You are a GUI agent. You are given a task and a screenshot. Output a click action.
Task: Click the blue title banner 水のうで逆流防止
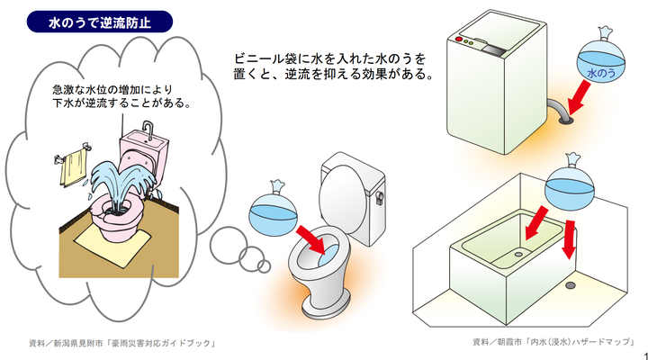pos(100,22)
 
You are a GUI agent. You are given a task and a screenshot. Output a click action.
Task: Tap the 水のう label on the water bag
pos(601,74)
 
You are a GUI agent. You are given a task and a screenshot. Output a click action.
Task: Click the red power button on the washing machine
pos(458,40)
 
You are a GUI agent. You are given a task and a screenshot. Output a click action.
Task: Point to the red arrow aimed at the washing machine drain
pos(580,97)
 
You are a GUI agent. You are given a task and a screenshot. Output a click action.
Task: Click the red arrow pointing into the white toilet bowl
pos(312,238)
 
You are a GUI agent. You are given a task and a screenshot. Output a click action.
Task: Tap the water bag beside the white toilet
pos(273,213)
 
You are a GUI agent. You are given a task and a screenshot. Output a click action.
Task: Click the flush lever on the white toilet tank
pos(380,198)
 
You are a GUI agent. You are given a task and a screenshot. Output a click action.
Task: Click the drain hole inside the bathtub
pos(518,254)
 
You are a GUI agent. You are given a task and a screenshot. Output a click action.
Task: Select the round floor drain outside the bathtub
pos(571,284)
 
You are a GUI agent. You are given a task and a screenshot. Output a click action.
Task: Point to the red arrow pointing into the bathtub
pos(536,223)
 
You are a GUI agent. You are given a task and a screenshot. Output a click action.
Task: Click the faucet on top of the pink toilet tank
pos(148,130)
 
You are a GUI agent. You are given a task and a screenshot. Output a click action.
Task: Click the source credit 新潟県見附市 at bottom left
pos(122,343)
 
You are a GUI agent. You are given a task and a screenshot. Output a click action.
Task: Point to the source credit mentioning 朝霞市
pos(553,342)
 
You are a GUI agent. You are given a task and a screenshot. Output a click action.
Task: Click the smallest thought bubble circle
pos(264,265)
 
